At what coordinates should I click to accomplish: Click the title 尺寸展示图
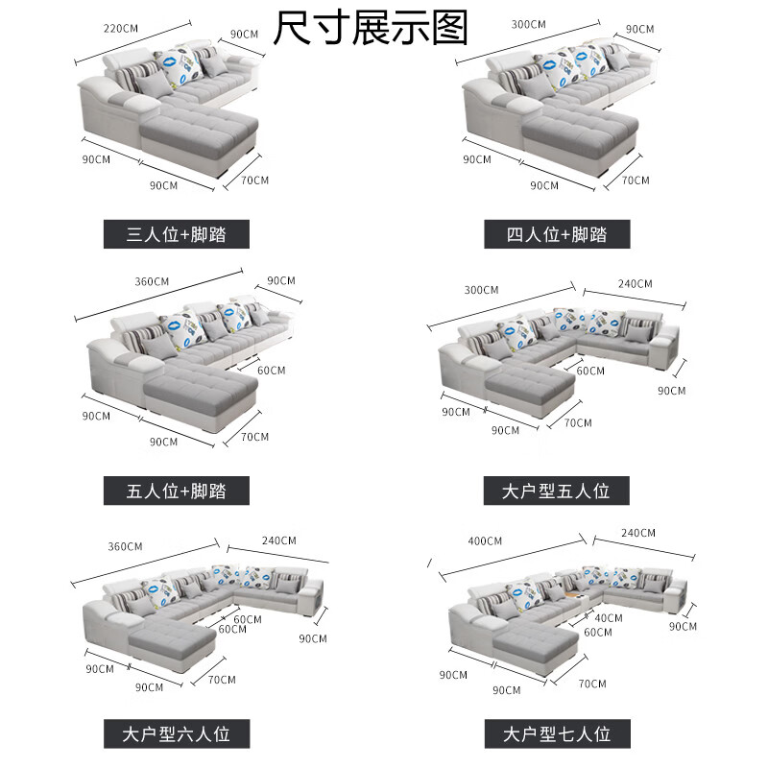(x=371, y=28)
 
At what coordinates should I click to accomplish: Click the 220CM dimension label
(x=121, y=29)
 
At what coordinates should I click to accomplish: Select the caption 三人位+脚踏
(x=177, y=234)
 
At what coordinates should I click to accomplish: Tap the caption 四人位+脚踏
(x=557, y=234)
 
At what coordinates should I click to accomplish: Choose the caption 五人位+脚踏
(x=177, y=491)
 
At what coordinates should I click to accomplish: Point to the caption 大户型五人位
(x=557, y=491)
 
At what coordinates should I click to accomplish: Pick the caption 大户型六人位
(x=177, y=733)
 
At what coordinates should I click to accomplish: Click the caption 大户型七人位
(x=558, y=733)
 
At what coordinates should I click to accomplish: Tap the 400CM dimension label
(x=485, y=540)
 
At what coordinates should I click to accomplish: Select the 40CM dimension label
(x=609, y=618)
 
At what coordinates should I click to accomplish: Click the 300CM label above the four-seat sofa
(x=529, y=25)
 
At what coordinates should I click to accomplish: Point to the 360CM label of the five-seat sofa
(x=152, y=281)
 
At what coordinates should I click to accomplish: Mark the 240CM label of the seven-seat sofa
(x=638, y=533)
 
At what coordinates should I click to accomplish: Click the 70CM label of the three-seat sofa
(x=254, y=180)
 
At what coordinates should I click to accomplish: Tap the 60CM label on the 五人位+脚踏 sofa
(x=272, y=371)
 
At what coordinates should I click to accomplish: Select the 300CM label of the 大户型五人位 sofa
(x=482, y=290)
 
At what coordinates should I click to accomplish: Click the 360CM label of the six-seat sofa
(x=126, y=546)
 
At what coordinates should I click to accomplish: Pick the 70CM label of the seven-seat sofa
(x=592, y=684)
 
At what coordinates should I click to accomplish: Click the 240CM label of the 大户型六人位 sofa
(x=279, y=540)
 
